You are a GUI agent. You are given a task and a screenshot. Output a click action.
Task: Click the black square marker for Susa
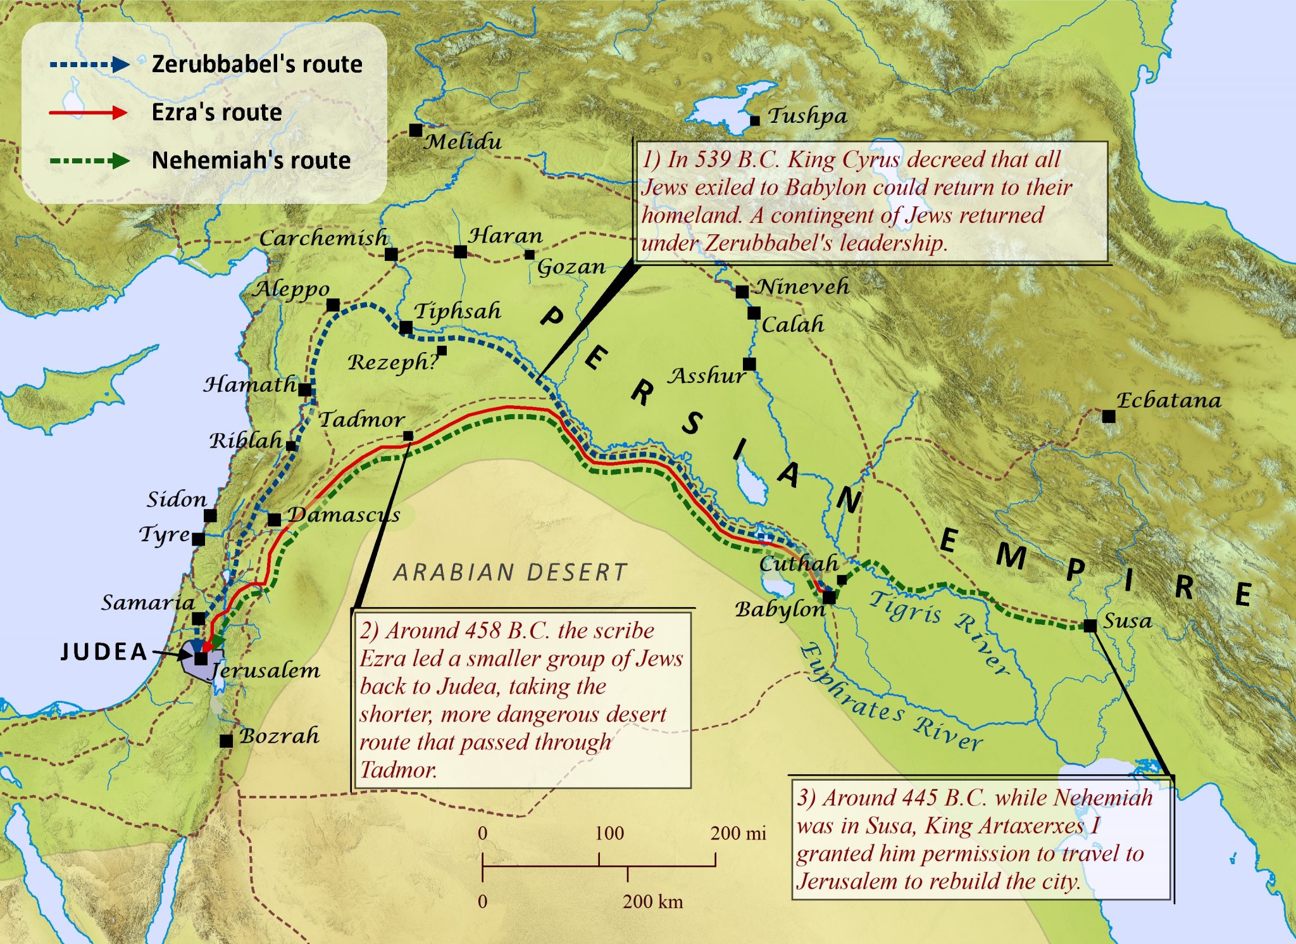[x=1090, y=626]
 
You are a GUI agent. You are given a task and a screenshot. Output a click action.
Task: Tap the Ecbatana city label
[x=1168, y=400]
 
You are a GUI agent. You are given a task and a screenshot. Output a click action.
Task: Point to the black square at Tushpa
[x=754, y=120]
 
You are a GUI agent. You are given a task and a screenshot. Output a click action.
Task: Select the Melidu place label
[x=463, y=141]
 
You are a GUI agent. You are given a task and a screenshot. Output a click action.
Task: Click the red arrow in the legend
[x=89, y=113]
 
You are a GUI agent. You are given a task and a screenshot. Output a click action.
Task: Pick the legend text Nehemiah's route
[x=251, y=160]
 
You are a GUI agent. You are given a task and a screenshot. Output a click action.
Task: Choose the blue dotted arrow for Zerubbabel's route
[x=89, y=64]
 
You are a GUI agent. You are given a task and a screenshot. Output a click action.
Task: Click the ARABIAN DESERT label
[x=510, y=572]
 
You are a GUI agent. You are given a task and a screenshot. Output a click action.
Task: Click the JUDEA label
[x=104, y=651]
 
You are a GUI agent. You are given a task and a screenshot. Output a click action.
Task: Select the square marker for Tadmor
[x=408, y=436]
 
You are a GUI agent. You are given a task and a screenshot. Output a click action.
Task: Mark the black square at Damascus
[x=274, y=520]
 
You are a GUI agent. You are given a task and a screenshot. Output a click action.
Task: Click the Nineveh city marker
[x=742, y=291]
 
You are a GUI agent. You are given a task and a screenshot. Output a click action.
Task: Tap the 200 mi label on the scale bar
[x=738, y=833]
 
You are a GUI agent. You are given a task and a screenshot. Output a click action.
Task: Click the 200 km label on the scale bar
[x=652, y=902]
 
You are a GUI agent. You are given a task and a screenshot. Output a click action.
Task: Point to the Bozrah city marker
[x=226, y=741]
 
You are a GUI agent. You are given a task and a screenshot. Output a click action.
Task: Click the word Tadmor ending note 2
[x=398, y=770]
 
